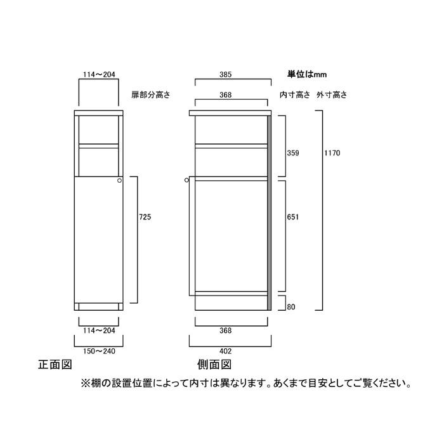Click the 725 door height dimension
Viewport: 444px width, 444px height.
pyautogui.click(x=145, y=217)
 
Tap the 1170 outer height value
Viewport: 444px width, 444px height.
pyautogui.click(x=332, y=153)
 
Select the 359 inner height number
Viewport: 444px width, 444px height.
pyautogui.click(x=293, y=153)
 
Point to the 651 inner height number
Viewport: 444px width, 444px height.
pyautogui.click(x=293, y=217)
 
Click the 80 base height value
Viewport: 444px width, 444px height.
pyautogui.click(x=291, y=307)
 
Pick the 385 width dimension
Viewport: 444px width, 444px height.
pyautogui.click(x=225, y=74)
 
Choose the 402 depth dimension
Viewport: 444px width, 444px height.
pyautogui.click(x=225, y=351)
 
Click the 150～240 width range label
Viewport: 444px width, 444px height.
pyautogui.click(x=99, y=351)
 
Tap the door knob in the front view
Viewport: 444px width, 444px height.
pyautogui.click(x=119, y=180)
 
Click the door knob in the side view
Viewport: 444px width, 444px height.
pyautogui.click(x=186, y=180)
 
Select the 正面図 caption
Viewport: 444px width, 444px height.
pyautogui.click(x=55, y=365)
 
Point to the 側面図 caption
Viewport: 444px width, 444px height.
pyautogui.click(x=214, y=365)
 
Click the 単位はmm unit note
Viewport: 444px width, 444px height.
pyautogui.click(x=307, y=74)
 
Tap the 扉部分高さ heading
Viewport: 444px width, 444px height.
pyautogui.click(x=151, y=95)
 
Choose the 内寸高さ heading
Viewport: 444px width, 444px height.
pyautogui.click(x=295, y=95)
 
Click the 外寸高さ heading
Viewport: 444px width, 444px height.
pyautogui.click(x=332, y=95)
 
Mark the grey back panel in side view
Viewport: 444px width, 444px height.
pyautogui.click(x=270, y=213)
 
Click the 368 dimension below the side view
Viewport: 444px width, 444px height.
pyautogui.click(x=225, y=330)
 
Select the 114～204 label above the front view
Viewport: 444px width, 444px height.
pyautogui.click(x=99, y=74)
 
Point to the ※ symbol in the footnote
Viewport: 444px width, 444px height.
pyautogui.click(x=85, y=384)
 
